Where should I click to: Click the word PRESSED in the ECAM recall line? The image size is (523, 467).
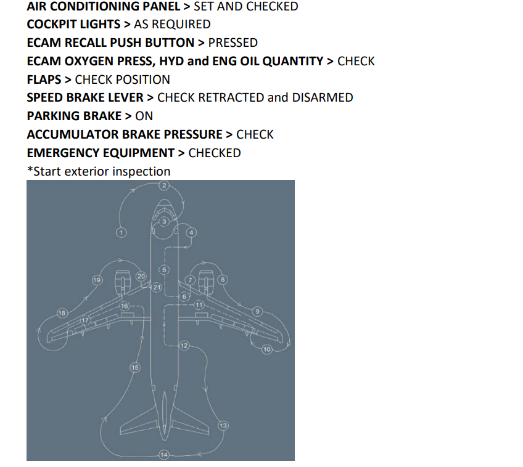click(x=233, y=43)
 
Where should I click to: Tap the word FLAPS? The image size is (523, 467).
click(x=44, y=79)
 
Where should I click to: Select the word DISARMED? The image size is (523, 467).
click(x=322, y=97)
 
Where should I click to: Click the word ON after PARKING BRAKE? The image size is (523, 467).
click(x=144, y=116)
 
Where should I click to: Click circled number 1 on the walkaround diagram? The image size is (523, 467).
click(x=121, y=232)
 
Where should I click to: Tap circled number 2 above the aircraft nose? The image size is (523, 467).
click(x=164, y=185)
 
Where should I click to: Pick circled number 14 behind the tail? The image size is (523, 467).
click(x=164, y=455)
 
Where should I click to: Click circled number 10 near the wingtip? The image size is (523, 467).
click(x=267, y=349)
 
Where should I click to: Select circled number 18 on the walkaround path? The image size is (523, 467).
click(x=62, y=313)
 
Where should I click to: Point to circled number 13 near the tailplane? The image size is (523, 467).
click(x=223, y=425)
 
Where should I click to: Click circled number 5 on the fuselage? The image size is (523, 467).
click(x=164, y=269)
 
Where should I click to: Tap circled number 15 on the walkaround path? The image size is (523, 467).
click(x=134, y=367)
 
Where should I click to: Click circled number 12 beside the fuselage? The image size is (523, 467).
click(x=184, y=346)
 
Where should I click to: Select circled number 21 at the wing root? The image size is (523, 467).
click(x=157, y=287)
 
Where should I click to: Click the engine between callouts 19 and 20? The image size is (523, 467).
click(x=121, y=283)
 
